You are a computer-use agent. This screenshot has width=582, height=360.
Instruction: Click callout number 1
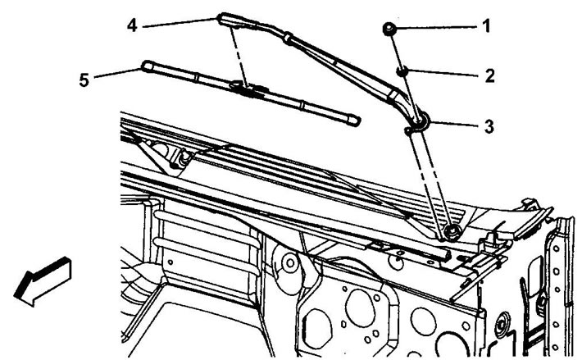tap(486, 26)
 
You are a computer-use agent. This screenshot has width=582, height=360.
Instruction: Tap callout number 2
tap(490, 75)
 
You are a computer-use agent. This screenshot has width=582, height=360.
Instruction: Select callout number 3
tap(489, 126)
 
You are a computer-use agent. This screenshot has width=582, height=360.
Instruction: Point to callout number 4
tap(132, 25)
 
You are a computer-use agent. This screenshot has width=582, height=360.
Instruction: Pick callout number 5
tap(84, 80)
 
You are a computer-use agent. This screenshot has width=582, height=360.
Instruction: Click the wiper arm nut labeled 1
tap(389, 30)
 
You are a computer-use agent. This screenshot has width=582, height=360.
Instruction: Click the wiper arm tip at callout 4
tap(223, 19)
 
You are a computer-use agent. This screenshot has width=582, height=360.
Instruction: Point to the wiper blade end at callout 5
tap(147, 66)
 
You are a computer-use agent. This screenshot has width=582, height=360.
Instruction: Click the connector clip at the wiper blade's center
tap(248, 89)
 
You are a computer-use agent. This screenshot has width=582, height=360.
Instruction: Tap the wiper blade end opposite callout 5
tap(353, 121)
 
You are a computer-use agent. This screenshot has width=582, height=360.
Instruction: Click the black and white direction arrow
tap(43, 281)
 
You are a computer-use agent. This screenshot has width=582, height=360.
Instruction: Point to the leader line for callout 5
tap(118, 73)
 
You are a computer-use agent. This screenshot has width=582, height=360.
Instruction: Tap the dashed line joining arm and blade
tap(239, 57)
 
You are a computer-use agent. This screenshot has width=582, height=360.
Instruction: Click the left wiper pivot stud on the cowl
tap(184, 157)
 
